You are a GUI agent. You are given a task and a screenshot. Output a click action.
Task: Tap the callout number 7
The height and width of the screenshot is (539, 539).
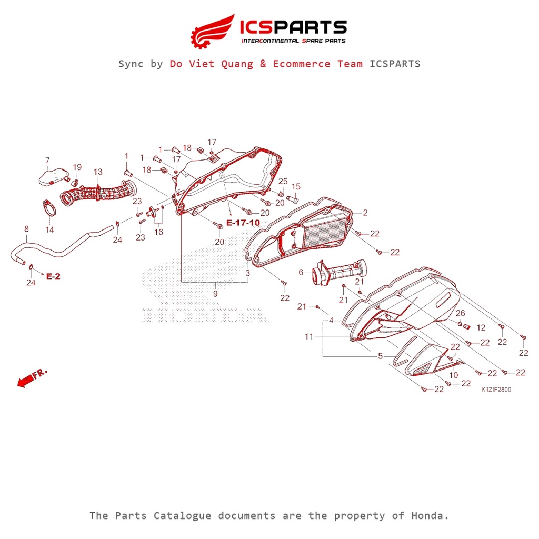coord(47,160)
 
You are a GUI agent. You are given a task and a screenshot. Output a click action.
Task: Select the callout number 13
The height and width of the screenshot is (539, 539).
coord(98,172)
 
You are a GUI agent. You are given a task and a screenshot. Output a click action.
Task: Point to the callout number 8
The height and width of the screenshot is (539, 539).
coord(26,229)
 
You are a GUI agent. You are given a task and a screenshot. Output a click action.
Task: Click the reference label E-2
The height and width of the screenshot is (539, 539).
coord(53,276)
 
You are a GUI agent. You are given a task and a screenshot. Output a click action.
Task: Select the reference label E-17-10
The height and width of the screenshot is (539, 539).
coord(243,223)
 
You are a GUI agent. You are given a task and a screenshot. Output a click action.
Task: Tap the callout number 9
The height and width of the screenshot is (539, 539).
coord(215,294)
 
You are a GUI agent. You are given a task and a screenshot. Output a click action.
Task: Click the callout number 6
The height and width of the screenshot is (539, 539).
coord(301,272)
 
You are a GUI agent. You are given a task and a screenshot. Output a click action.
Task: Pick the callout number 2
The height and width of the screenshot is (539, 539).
coord(365,213)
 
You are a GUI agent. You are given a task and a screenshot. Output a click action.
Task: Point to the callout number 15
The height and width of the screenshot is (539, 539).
coord(296,187)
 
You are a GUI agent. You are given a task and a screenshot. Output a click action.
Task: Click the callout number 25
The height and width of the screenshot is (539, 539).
coord(283,181)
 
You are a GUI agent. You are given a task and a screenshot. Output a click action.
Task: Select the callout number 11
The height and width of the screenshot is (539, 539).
coord(308,336)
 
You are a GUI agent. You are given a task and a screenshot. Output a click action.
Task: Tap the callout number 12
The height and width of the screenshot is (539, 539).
coord(481,327)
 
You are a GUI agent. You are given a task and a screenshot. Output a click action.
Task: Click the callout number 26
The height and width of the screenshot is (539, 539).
coord(460,314)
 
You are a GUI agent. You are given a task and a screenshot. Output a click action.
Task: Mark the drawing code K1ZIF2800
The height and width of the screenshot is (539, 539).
coord(495,390)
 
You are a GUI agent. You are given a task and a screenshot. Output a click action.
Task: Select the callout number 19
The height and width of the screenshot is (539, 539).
coord(77,167)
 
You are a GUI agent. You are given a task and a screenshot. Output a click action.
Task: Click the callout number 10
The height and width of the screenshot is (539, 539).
coord(453,375)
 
